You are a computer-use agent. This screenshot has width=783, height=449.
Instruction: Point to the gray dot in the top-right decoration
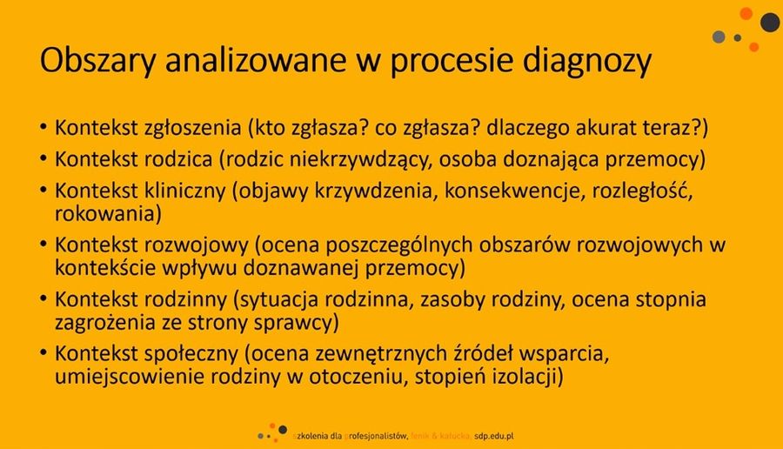click(719, 37)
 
